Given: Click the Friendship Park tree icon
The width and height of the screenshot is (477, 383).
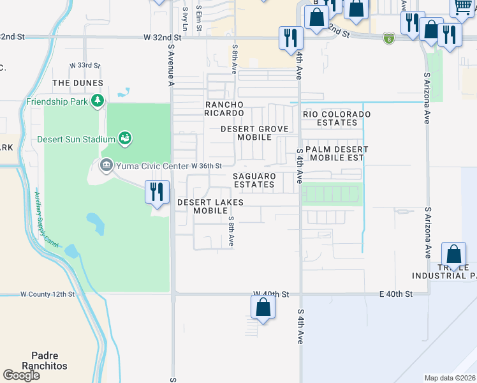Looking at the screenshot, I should [x=97, y=100].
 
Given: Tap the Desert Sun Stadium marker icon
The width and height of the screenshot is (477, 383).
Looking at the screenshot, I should [x=125, y=138].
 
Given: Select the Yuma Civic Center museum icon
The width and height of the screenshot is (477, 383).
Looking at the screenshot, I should [x=106, y=166].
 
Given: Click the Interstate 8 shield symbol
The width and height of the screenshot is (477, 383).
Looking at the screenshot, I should [x=388, y=39].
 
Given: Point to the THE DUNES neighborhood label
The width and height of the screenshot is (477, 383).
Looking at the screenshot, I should [x=78, y=83].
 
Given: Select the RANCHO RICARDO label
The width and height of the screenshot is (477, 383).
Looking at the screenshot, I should [x=224, y=109].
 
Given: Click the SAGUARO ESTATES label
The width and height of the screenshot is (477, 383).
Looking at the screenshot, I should [x=254, y=180].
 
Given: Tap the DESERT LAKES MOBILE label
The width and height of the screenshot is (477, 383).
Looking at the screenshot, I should [x=210, y=206].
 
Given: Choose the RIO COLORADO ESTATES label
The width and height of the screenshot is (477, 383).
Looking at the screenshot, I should [x=337, y=118].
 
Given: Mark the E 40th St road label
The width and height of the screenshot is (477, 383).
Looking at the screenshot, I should [x=395, y=294].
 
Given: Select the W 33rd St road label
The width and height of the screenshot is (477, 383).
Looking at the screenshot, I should [x=85, y=65].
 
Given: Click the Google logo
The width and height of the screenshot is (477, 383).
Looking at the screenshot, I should [x=21, y=375].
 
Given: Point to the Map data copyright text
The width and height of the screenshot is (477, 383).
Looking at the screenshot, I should [x=450, y=378].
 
